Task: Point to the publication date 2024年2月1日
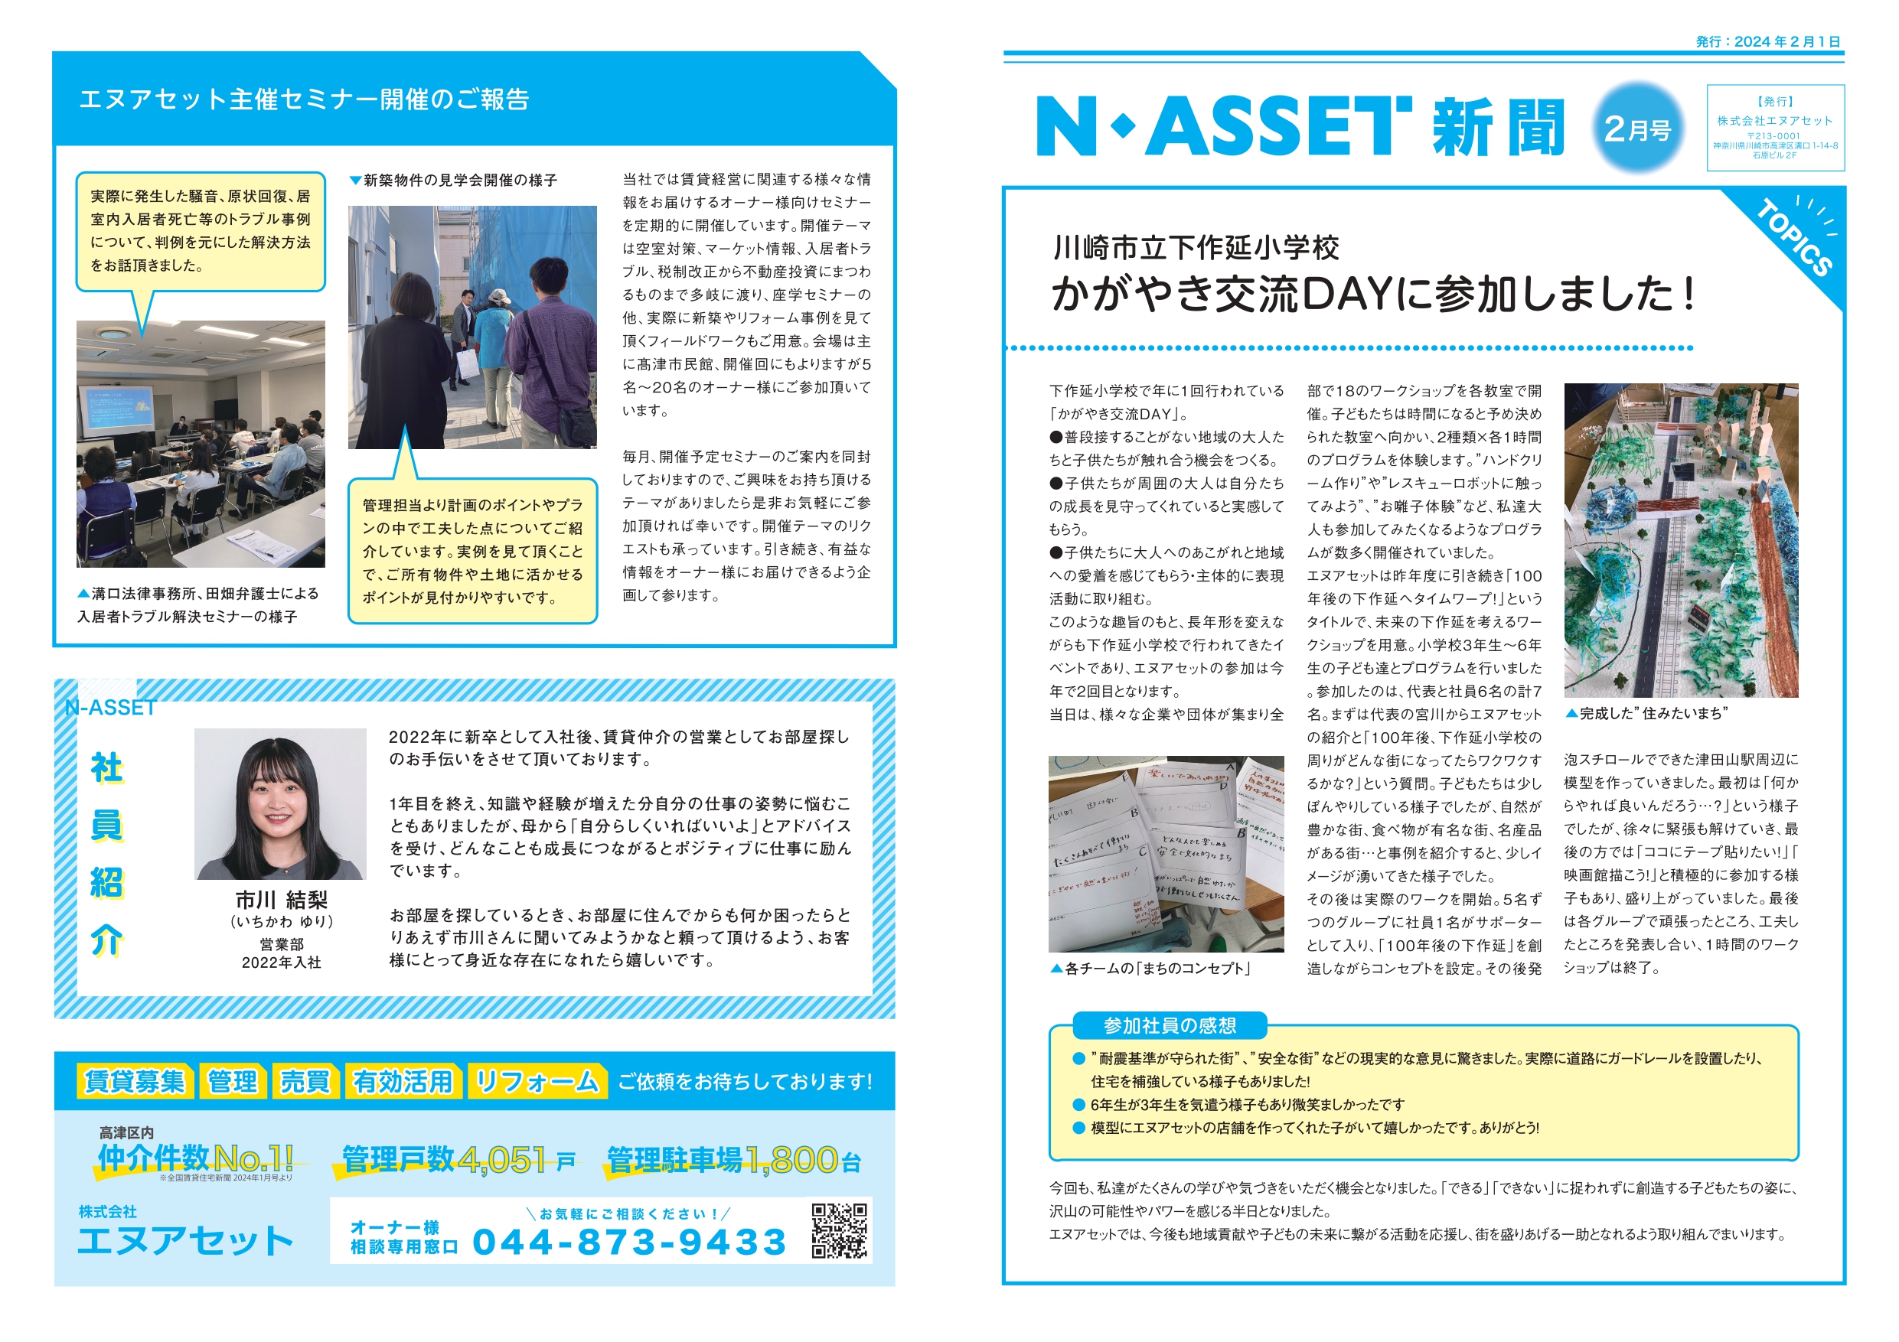point(1767,41)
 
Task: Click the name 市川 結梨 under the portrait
point(281,900)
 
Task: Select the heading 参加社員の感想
point(1169,1025)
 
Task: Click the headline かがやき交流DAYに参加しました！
point(1373,294)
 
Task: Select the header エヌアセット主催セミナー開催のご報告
point(304,99)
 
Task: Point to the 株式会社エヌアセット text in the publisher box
point(1774,121)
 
